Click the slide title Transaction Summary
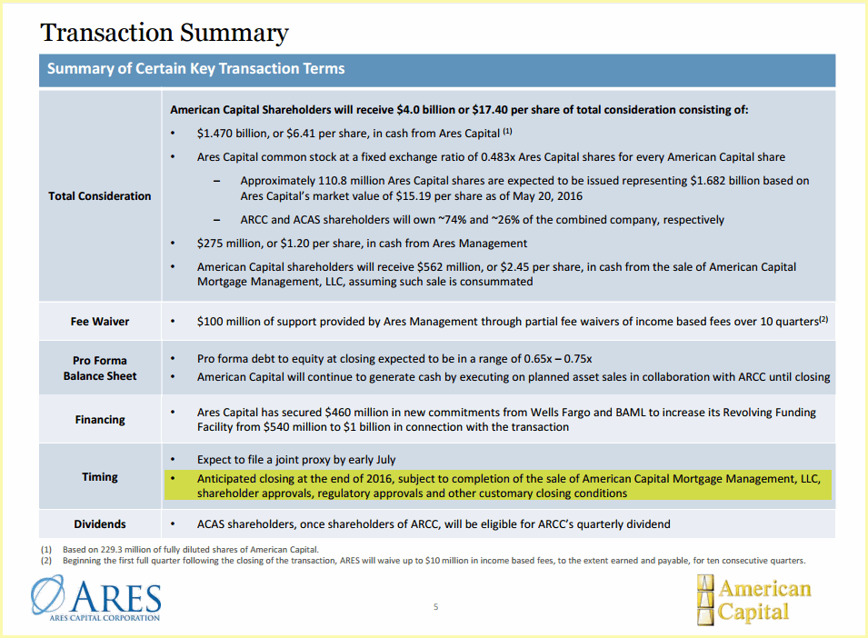[x=165, y=33]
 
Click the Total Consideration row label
[x=100, y=196]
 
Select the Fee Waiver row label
[x=100, y=322]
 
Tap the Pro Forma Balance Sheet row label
[x=100, y=368]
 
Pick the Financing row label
[x=100, y=420]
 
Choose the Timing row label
[x=100, y=477]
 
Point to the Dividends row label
[x=100, y=524]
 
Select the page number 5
[x=435, y=607]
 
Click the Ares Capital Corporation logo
[x=96, y=598]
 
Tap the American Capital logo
[x=754, y=600]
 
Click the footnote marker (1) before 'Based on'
[x=46, y=550]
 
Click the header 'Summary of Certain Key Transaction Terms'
[x=196, y=68]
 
